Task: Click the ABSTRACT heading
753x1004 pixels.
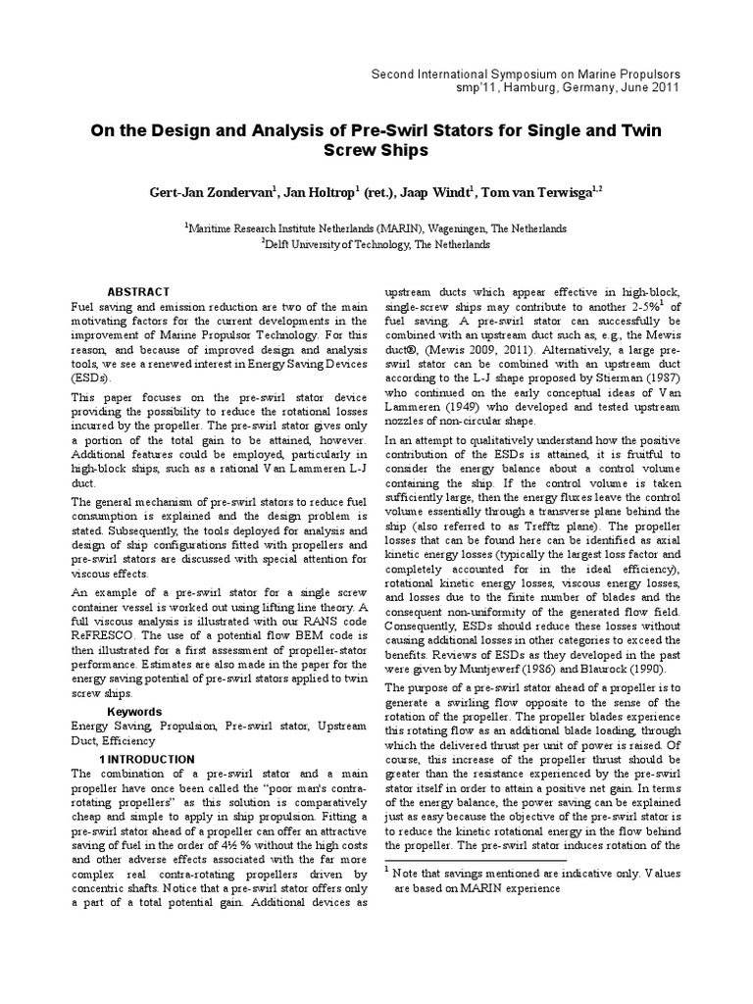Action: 138,292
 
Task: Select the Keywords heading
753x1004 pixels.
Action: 134,711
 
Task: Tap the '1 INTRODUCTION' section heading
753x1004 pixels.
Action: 147,759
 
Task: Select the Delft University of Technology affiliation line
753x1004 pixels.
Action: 377,245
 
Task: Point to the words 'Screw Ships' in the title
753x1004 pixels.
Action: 376,152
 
